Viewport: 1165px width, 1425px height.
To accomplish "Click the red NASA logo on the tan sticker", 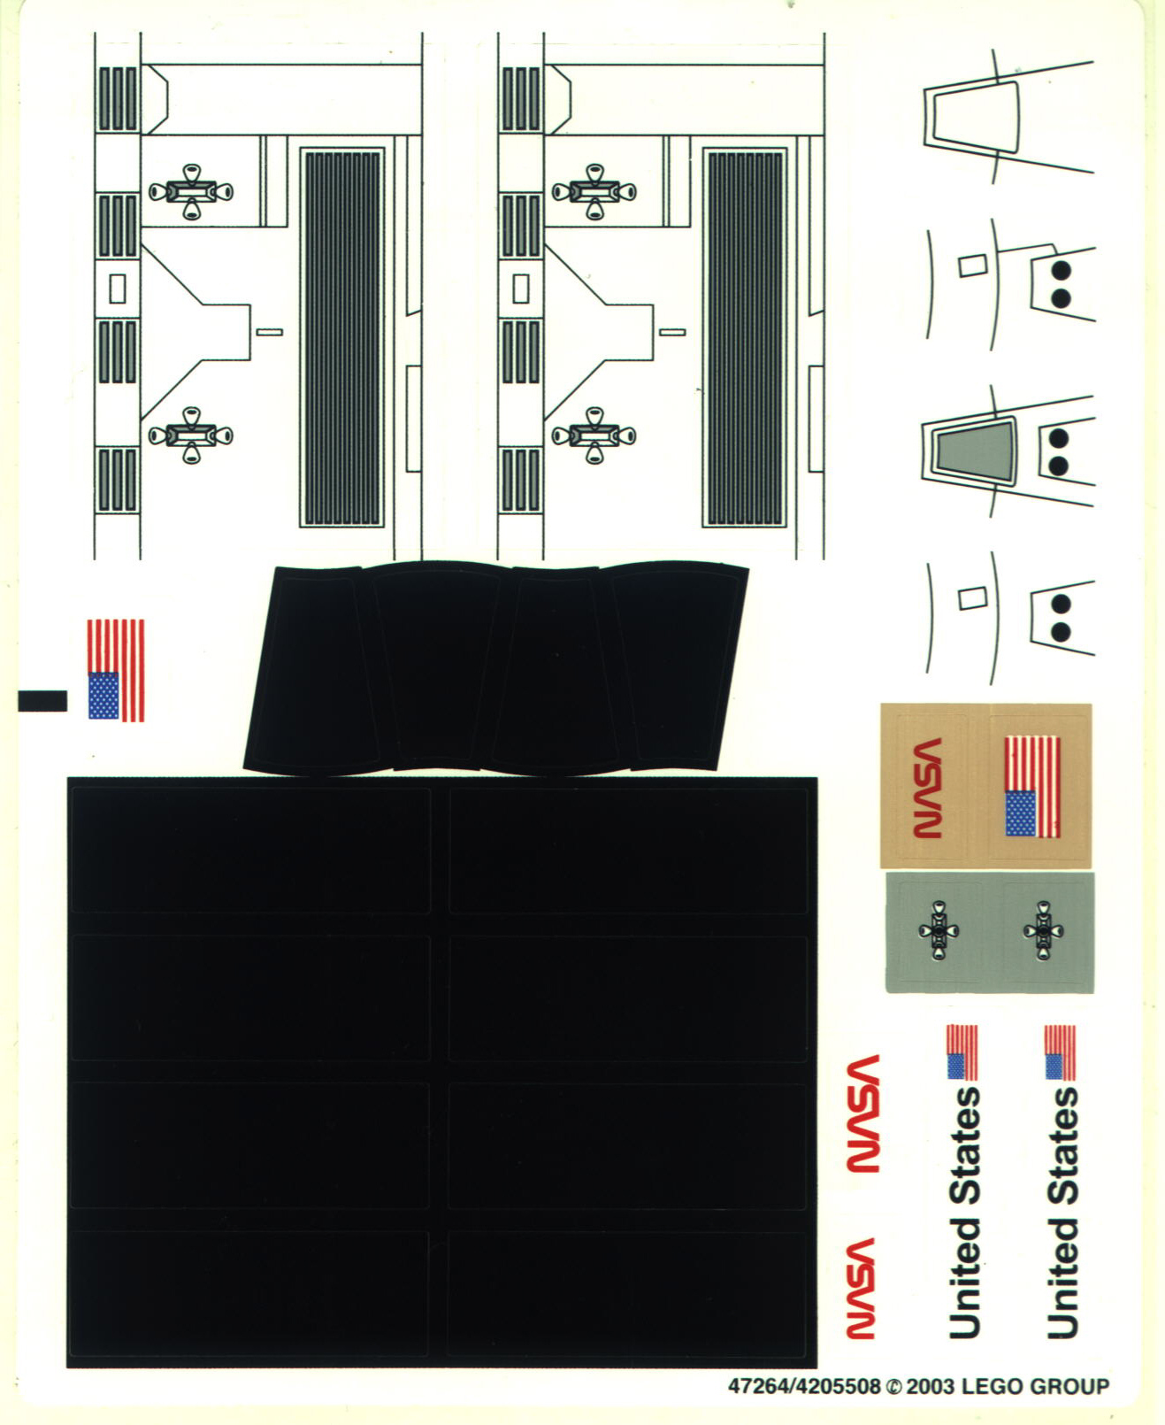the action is (x=926, y=787).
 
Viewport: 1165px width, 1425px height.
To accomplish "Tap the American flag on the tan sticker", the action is (x=1032, y=787).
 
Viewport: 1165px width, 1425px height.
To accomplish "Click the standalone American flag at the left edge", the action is (x=116, y=670).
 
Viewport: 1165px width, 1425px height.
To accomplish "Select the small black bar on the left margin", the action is (x=42, y=701).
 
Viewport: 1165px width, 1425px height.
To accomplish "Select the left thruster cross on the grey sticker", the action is (x=938, y=930).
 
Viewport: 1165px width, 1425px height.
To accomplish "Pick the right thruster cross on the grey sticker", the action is (x=1044, y=930).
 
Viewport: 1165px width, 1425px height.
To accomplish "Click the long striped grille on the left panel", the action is (x=341, y=338).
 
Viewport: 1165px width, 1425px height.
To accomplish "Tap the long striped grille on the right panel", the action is (x=745, y=338).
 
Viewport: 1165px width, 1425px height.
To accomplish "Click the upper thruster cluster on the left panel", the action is (x=191, y=191).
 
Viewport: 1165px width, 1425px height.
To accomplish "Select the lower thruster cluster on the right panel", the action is (x=594, y=435).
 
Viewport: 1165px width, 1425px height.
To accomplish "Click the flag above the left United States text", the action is (x=962, y=1052).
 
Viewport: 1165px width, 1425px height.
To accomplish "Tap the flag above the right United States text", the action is (x=1060, y=1052).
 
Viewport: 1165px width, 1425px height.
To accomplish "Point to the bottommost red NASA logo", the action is (x=861, y=1288).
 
